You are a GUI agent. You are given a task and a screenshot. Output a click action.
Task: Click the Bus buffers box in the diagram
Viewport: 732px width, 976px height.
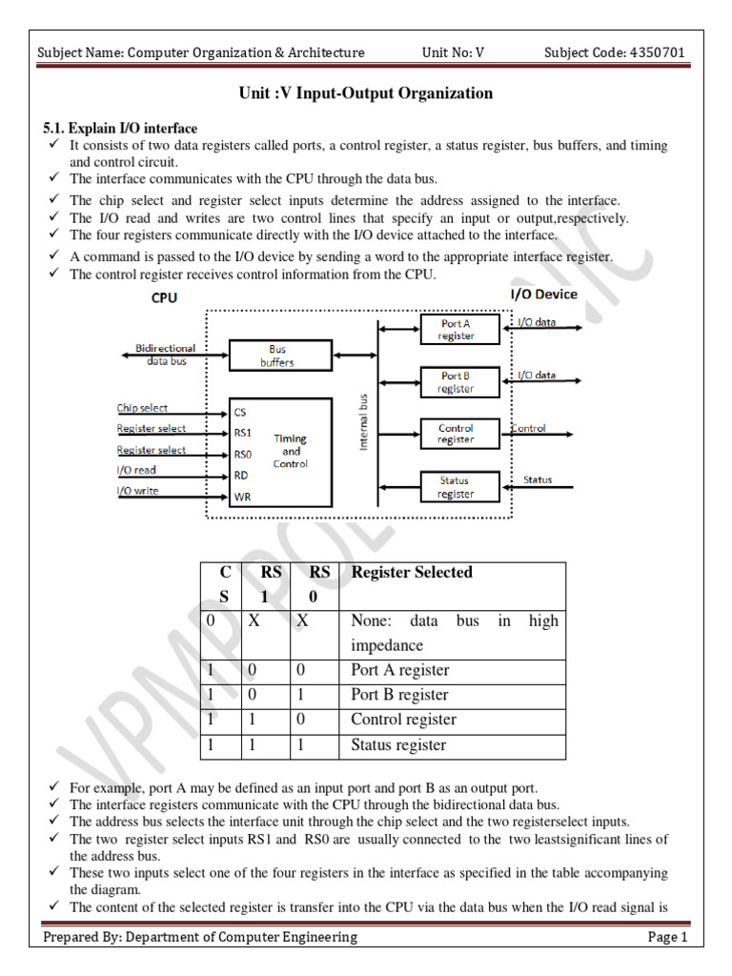click(277, 356)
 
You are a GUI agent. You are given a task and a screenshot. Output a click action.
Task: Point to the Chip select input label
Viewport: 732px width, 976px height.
click(142, 408)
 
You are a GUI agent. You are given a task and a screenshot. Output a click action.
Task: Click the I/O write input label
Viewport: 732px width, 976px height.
click(138, 491)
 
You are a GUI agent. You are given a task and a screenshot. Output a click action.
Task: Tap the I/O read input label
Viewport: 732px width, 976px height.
click(136, 470)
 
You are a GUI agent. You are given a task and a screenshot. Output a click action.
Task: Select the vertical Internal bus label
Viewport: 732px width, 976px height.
click(363, 420)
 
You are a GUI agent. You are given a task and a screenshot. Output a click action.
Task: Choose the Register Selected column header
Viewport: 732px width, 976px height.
click(412, 572)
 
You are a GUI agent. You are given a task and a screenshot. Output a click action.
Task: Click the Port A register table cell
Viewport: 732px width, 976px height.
click(399, 670)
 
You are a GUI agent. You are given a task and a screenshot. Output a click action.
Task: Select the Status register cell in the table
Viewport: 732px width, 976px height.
click(398, 744)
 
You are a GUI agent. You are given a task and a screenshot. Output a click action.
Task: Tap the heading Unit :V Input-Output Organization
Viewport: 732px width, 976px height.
click(365, 93)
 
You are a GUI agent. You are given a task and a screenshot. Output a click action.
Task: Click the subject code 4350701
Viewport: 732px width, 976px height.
click(651, 52)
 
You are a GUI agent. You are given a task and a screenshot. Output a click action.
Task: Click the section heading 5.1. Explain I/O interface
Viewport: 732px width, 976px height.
click(121, 129)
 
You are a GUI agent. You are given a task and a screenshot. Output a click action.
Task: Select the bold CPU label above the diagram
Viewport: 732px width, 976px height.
click(164, 297)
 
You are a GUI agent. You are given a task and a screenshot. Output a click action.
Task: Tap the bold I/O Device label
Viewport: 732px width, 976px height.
click(544, 295)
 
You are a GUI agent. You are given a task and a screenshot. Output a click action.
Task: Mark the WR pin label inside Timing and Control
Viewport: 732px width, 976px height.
click(242, 497)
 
